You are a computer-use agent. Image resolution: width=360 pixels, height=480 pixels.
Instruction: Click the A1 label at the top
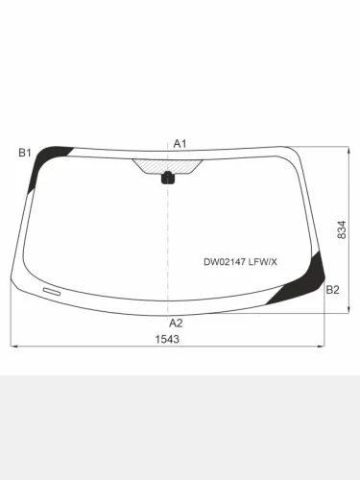pos(180,143)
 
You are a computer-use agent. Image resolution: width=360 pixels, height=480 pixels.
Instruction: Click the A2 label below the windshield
pos(176,323)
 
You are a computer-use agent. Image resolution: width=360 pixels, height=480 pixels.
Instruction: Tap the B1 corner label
pos(25,153)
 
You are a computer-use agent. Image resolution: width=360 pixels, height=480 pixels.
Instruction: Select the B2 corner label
pos(332,289)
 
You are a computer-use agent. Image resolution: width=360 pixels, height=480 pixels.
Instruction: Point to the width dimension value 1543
pos(167,339)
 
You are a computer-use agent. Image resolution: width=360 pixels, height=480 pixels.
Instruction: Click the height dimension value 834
pos(343,231)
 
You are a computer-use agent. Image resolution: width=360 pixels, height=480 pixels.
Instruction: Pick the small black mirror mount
pos(168,177)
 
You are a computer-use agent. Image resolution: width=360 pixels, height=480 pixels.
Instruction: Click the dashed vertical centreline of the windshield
pos(168,240)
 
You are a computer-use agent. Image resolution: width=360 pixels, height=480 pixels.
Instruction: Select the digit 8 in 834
pos(343,239)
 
